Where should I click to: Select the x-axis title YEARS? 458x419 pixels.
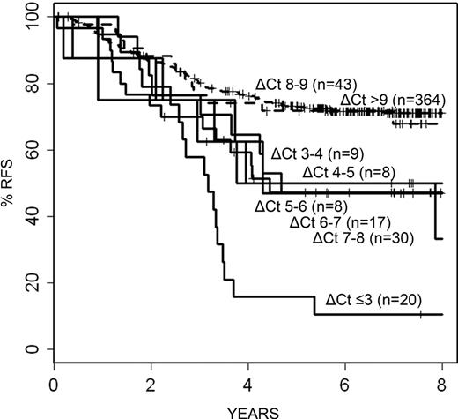248,410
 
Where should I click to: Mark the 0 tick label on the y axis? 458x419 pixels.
38,348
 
